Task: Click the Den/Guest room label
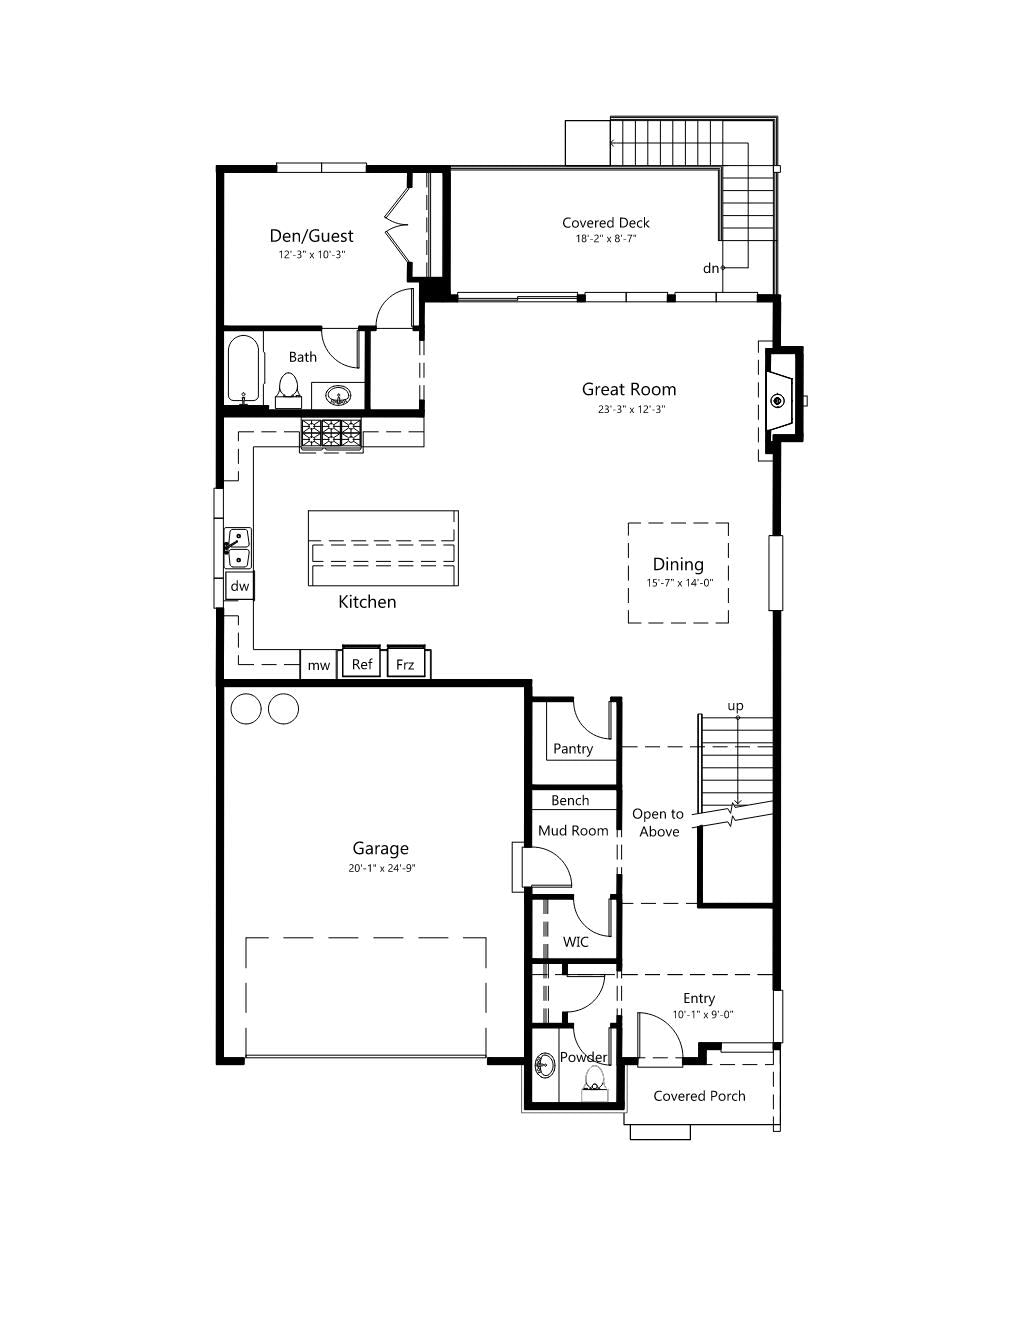pos(311,236)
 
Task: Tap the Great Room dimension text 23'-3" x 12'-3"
pos(631,409)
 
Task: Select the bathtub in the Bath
pos(243,369)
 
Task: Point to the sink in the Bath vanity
pos(338,396)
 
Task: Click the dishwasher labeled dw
pos(240,586)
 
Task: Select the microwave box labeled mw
pos(318,665)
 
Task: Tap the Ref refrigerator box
pos(361,662)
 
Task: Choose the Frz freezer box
pos(405,663)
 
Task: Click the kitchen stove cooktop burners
pos(331,434)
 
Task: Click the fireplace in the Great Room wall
pos(782,400)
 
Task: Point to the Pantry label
pos(573,749)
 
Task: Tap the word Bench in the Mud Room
pos(570,801)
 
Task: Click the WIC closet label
pos(575,942)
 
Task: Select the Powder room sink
pos(545,1064)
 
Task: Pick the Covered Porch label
pos(699,1096)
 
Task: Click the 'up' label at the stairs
pos(735,706)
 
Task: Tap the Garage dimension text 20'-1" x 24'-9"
pos(382,868)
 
